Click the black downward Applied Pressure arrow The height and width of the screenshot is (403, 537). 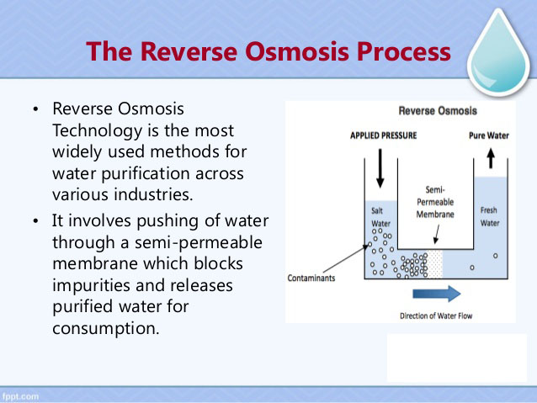(x=380, y=167)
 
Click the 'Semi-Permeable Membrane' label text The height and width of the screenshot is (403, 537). (x=435, y=202)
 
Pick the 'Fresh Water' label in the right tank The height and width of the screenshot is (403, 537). (x=489, y=216)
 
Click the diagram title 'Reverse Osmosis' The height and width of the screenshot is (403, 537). (x=437, y=111)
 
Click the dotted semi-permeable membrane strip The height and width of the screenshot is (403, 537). (x=435, y=262)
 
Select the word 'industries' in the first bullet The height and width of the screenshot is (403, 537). (x=157, y=194)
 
